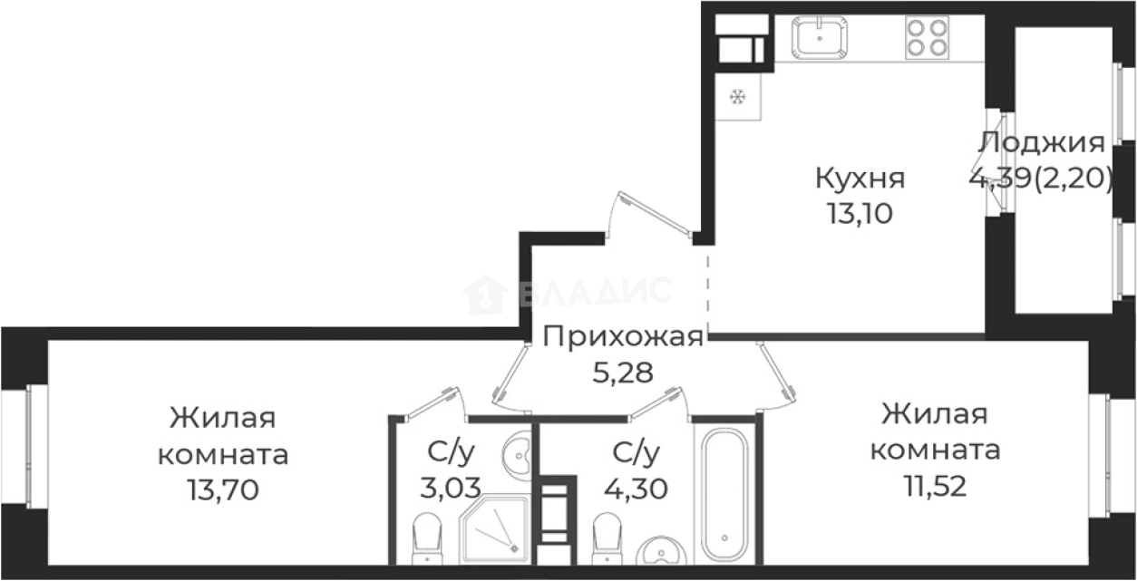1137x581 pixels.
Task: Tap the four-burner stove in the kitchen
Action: [926, 38]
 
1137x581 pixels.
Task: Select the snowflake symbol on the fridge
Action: [738, 95]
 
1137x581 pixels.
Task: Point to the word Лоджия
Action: [1042, 143]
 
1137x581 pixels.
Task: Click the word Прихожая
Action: [623, 338]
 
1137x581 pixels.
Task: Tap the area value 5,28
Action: [622, 372]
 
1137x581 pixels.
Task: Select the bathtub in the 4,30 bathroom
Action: [725, 494]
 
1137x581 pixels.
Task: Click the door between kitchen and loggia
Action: [1002, 164]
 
